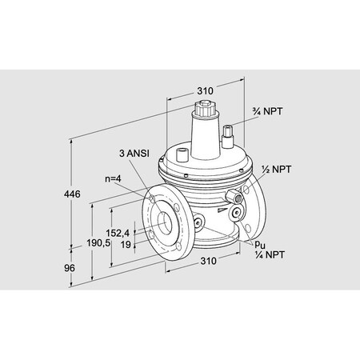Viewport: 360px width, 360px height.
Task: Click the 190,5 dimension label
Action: point(97,241)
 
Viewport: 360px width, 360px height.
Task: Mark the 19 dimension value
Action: point(126,246)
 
